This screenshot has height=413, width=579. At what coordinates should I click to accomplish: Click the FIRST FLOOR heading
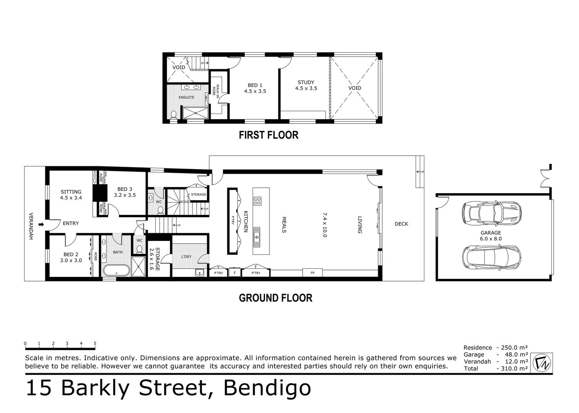(268, 135)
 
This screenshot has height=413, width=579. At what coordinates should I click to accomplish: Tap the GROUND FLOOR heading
(275, 298)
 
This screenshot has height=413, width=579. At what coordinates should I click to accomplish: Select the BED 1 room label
(255, 88)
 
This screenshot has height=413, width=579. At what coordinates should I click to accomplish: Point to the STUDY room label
(306, 85)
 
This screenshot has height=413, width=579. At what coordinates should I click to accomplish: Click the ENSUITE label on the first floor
(186, 98)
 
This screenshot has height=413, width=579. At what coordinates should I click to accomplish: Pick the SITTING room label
(71, 195)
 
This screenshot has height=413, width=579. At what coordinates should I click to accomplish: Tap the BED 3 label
(125, 192)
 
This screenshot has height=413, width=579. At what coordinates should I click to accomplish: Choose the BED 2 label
(71, 257)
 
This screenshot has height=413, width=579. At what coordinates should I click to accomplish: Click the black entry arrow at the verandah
(41, 224)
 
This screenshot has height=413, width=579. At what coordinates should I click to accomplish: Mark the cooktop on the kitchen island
(258, 201)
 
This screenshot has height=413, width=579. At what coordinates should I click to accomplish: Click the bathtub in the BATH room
(116, 270)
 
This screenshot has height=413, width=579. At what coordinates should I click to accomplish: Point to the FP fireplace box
(312, 273)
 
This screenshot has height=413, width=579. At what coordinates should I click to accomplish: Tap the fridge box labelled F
(235, 273)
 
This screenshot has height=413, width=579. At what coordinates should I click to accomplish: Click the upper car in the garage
(492, 213)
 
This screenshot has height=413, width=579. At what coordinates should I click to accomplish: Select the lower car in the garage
(492, 257)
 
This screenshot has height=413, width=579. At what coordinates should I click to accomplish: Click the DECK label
(401, 224)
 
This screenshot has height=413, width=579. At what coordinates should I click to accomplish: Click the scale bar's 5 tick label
(95, 343)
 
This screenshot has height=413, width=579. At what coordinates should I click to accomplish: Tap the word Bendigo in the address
(267, 388)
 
